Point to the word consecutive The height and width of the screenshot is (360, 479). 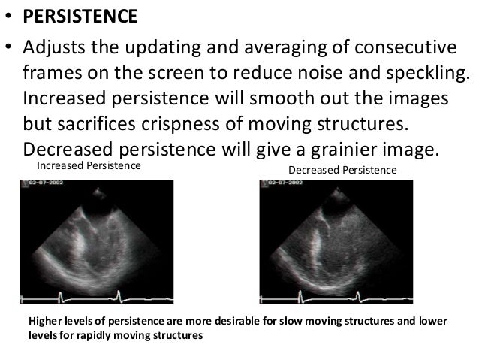(x=395, y=50)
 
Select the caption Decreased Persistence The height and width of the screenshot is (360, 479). (x=342, y=171)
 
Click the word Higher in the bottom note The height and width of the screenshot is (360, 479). (x=45, y=321)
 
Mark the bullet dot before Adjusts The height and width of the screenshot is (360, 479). (x=10, y=50)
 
